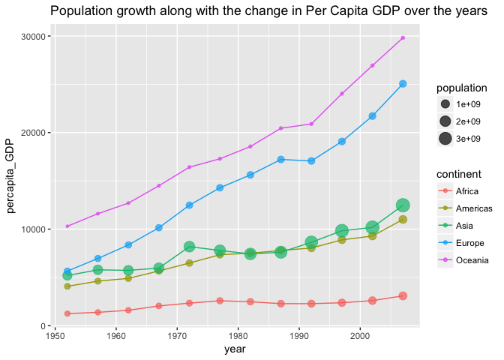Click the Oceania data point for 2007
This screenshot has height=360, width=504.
click(x=403, y=37)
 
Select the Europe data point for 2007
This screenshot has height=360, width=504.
click(x=403, y=84)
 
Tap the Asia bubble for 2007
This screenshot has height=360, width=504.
click(x=403, y=205)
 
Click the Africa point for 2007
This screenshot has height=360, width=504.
click(x=403, y=296)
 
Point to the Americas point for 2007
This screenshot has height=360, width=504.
click(x=403, y=220)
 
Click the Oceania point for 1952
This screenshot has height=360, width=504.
click(x=67, y=226)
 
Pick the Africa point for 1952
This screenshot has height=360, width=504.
click(x=67, y=313)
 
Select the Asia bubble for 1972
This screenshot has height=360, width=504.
click(x=189, y=246)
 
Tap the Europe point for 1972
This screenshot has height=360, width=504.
click(x=189, y=205)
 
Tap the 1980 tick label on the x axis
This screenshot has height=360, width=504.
click(x=238, y=337)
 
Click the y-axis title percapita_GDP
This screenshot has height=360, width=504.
click(x=11, y=179)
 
